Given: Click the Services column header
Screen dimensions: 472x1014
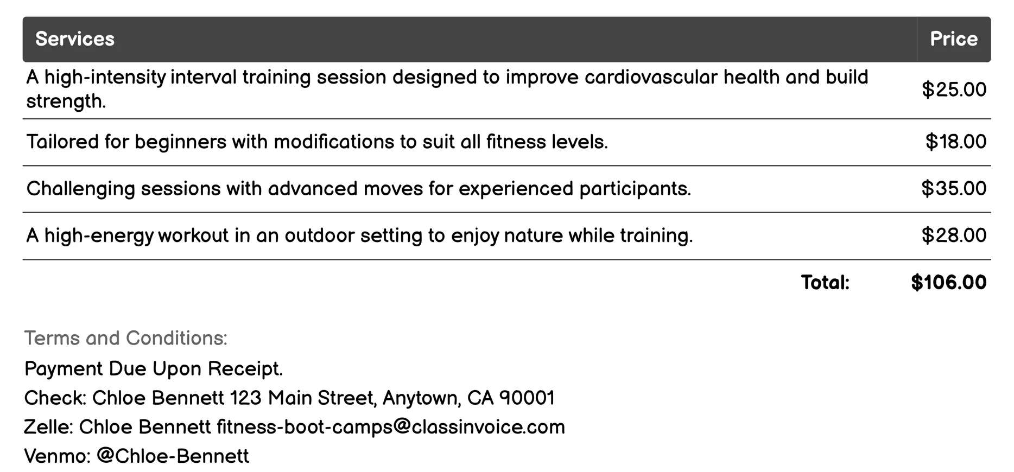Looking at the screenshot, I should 75,39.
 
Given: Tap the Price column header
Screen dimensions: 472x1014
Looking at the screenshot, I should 953,39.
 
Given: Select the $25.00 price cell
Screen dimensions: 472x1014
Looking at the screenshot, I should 954,90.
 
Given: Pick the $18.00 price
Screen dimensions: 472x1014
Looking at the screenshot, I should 955,142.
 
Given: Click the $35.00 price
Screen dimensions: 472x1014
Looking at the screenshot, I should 954,188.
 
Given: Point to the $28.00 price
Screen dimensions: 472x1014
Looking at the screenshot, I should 954,235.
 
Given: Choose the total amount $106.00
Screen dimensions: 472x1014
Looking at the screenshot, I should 948,282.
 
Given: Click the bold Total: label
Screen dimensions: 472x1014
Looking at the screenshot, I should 825,282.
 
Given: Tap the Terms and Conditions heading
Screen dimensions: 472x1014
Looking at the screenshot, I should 125,338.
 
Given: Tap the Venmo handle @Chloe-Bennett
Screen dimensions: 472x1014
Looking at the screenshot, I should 173,456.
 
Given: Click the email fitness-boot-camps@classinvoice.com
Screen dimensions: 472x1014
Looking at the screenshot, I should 390,427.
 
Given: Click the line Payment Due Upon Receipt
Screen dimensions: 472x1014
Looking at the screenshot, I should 154,369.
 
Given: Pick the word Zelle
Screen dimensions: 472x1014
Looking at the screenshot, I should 47,427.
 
